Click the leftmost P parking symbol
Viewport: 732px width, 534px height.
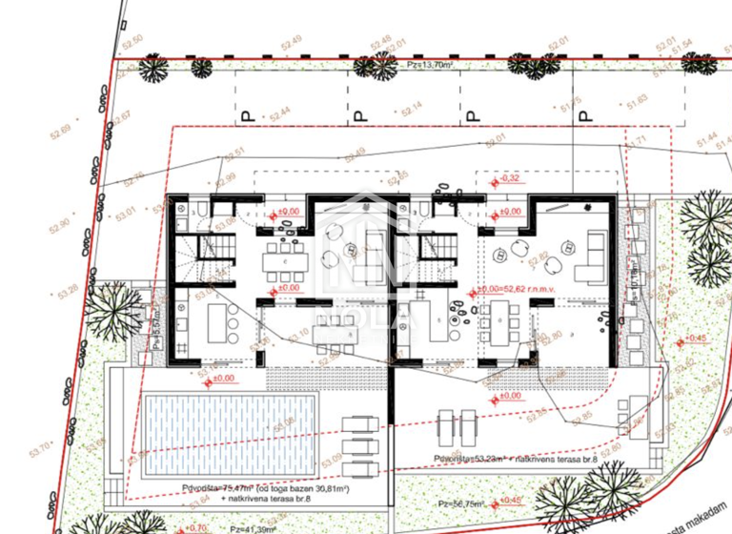pos(244,116)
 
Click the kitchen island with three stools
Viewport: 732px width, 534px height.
pos(224,318)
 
